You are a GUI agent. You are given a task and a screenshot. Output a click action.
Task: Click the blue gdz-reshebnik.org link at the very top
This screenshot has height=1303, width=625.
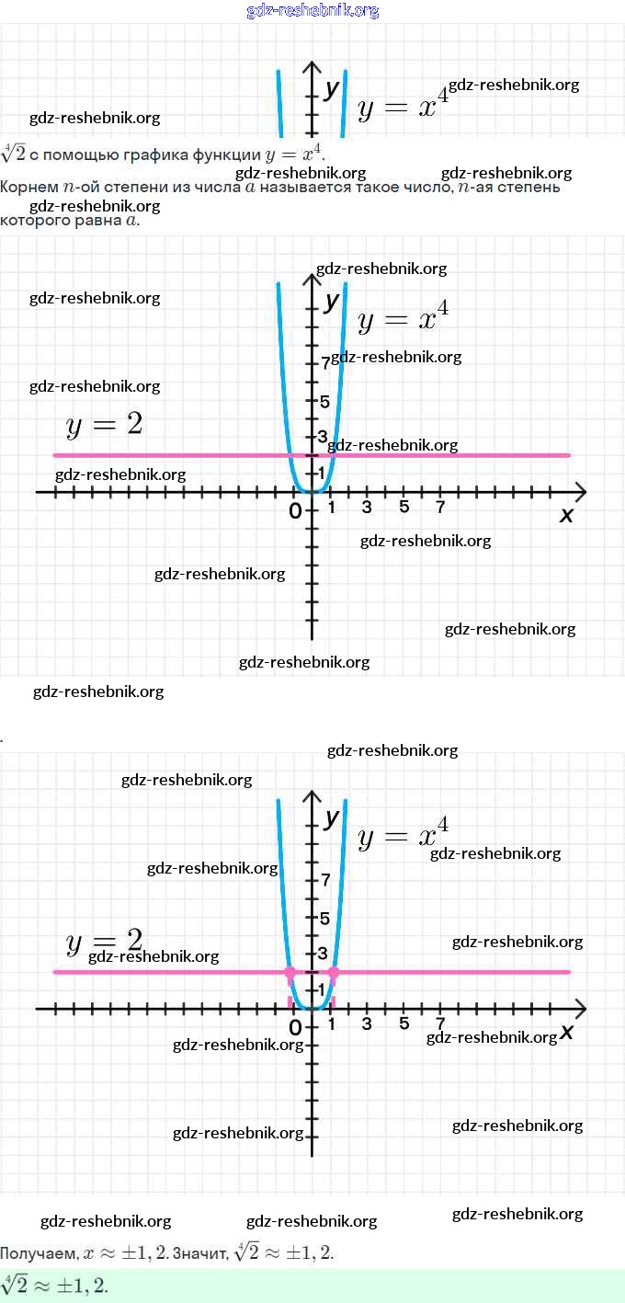coord(312,10)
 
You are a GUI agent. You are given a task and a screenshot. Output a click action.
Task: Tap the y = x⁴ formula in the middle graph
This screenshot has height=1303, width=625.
coord(403,318)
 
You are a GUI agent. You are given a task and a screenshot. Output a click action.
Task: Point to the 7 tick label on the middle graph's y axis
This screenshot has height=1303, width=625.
coord(325,363)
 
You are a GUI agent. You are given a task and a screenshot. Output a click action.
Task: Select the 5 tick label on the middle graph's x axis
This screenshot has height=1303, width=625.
coord(403,508)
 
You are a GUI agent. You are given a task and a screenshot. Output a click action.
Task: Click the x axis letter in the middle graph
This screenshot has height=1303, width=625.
coord(566,515)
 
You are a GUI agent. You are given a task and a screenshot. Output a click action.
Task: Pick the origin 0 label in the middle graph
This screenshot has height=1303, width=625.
coord(295,510)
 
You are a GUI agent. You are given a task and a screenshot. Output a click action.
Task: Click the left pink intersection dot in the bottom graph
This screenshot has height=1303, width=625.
coord(290,972)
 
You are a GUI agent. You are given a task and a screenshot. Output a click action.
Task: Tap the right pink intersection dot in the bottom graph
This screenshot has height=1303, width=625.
coord(333,972)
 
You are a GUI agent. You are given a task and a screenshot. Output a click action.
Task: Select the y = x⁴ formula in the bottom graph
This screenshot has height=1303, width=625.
coord(403,835)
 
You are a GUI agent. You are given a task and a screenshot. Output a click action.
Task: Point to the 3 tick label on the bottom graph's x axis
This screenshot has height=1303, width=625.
coord(367,1024)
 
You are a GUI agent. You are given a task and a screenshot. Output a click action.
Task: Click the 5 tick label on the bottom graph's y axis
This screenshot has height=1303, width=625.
coord(324,918)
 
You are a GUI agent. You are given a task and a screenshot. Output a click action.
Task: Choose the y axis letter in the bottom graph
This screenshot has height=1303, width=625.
coord(332,817)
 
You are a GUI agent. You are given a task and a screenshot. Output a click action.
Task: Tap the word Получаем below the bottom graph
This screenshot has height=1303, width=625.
coord(39,1252)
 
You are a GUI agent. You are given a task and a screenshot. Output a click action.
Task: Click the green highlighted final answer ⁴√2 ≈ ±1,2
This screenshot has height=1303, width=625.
coord(55,1286)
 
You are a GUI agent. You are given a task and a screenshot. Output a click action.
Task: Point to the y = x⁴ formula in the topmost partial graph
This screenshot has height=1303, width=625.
coord(403,107)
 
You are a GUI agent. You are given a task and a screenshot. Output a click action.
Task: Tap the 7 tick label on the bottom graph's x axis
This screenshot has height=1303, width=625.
coord(440,1024)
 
